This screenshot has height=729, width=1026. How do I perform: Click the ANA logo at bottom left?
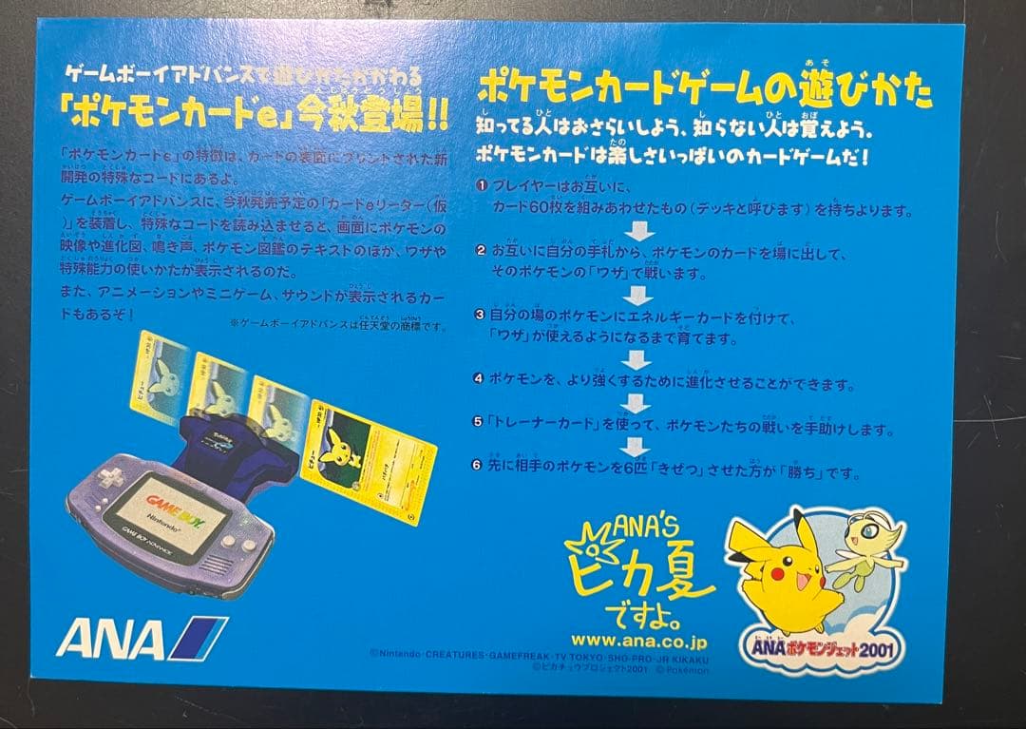(x=141, y=638)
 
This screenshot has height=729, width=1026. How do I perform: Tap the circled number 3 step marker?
(x=482, y=315)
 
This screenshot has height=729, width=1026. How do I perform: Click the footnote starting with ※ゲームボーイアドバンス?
(x=337, y=324)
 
